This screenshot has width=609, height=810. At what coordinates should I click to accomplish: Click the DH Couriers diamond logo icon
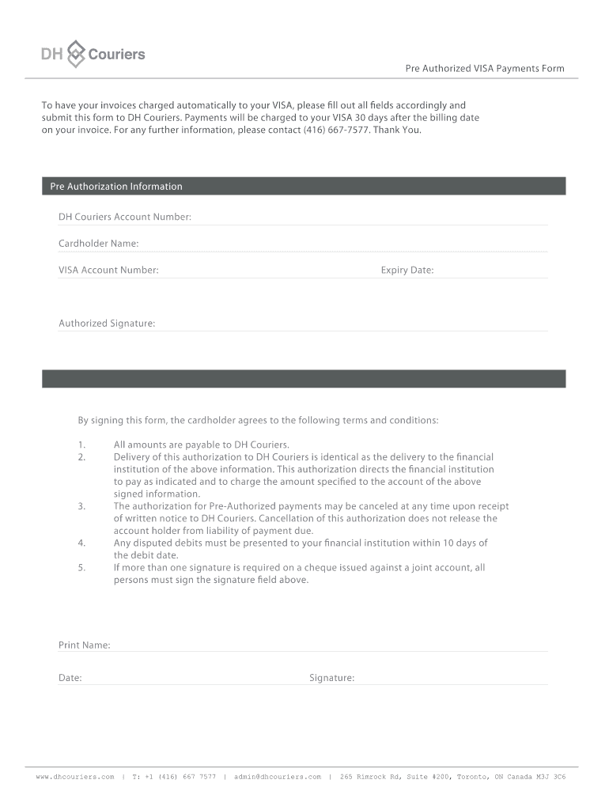tap(75, 54)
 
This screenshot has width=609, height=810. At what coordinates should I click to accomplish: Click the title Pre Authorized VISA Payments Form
tap(485, 69)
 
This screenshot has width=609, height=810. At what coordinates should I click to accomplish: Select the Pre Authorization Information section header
tap(116, 187)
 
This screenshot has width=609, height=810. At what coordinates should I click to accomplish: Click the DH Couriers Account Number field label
tap(125, 217)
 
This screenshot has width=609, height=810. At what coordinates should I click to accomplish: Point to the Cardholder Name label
tap(99, 244)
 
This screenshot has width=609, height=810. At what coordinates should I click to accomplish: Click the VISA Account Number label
tap(108, 271)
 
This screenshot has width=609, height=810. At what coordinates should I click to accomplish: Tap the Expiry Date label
tap(407, 271)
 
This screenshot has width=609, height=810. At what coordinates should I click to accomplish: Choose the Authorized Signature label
tap(107, 324)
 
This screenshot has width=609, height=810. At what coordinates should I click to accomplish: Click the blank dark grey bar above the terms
tap(304, 379)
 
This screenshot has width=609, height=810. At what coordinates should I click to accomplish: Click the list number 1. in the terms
tap(82, 445)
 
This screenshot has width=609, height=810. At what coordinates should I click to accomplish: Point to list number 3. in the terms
tap(82, 506)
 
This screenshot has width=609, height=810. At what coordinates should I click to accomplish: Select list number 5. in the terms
tap(82, 568)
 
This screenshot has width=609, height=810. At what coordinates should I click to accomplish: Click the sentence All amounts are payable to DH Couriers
tap(202, 445)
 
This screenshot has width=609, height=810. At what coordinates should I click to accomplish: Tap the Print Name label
tap(85, 645)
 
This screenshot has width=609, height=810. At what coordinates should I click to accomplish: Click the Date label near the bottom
tap(70, 678)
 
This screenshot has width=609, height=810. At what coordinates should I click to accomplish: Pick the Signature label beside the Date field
tap(332, 678)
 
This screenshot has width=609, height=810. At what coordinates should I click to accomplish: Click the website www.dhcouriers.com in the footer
tap(75, 777)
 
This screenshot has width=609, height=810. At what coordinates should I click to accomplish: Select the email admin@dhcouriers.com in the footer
tap(278, 777)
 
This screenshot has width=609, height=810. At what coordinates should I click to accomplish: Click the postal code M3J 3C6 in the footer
tap(550, 777)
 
